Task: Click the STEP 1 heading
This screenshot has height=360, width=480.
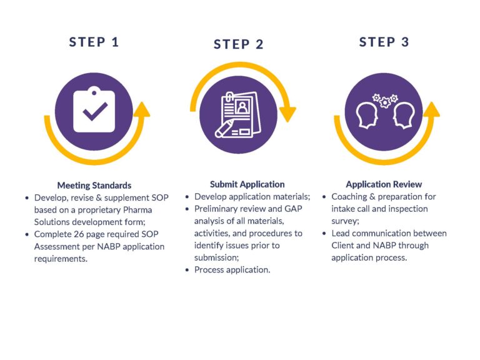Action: [94, 42]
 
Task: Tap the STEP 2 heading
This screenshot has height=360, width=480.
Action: [239, 44]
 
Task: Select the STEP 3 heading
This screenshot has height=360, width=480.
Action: [384, 42]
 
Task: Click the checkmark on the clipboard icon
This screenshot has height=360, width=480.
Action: [95, 111]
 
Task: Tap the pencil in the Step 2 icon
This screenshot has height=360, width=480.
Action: [225, 129]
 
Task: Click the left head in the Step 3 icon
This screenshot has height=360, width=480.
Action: [366, 116]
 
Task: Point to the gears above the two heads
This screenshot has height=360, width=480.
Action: [385, 101]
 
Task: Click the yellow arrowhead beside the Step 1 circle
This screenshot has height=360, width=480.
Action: [142, 109]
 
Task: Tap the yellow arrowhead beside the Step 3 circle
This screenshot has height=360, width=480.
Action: [432, 109]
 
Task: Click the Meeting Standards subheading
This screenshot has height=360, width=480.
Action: [94, 185]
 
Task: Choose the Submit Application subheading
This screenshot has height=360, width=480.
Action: [247, 184]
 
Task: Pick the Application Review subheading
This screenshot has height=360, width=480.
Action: [384, 184]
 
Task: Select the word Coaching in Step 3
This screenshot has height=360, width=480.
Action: [349, 196]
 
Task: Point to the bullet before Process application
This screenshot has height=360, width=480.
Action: [187, 270]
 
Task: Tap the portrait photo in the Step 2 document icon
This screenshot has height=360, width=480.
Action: [242, 107]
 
